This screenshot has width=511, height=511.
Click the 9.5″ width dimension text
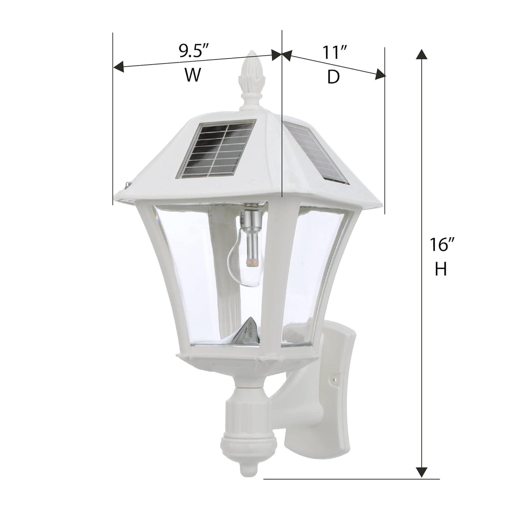click(194, 51)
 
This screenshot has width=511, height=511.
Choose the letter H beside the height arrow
click(441, 270)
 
